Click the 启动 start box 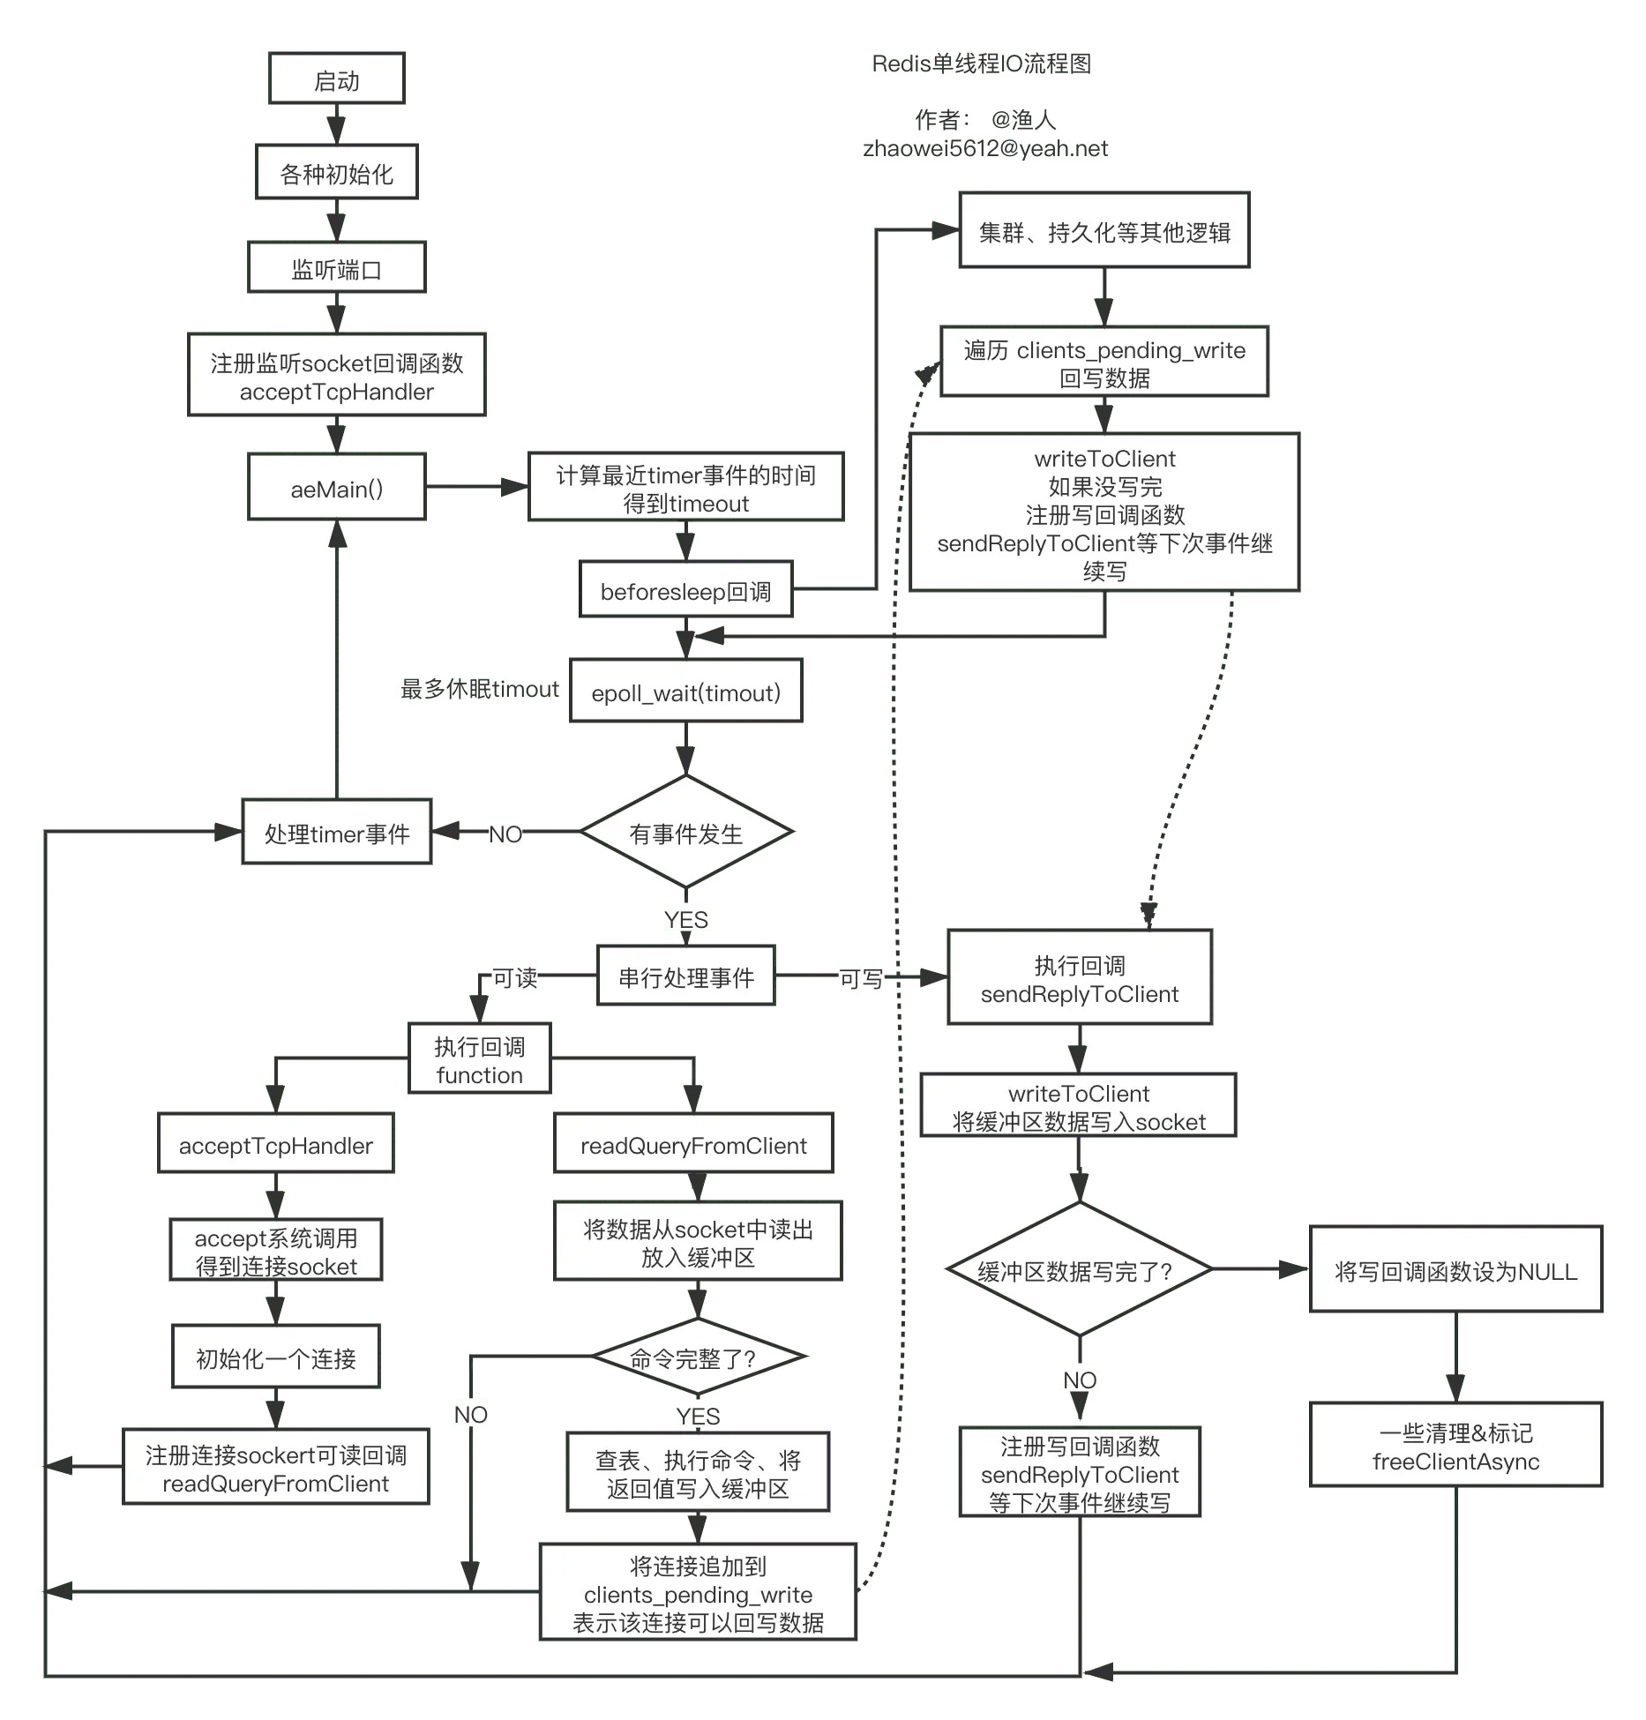pyautogui.click(x=336, y=80)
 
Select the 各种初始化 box pyautogui.click(x=336, y=174)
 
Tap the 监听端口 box pyautogui.click(x=336, y=269)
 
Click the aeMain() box pyautogui.click(x=336, y=489)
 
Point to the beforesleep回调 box pyautogui.click(x=685, y=591)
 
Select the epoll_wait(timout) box pyautogui.click(x=685, y=692)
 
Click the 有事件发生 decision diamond pyautogui.click(x=685, y=834)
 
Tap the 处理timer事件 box pyautogui.click(x=336, y=834)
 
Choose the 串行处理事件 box pyautogui.click(x=685, y=977)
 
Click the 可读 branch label pyautogui.click(x=514, y=977)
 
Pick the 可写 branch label pyautogui.click(x=860, y=978)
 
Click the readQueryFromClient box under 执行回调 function pyautogui.click(x=693, y=1145)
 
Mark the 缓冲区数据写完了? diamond pyautogui.click(x=1078, y=1271)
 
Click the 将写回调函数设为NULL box pyautogui.click(x=1455, y=1271)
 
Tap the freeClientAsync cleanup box pyautogui.click(x=1455, y=1447)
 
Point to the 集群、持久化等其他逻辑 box pyautogui.click(x=1104, y=232)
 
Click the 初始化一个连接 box pyautogui.click(x=275, y=1358)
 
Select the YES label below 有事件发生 pyautogui.click(x=685, y=919)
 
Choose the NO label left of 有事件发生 pyautogui.click(x=506, y=834)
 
